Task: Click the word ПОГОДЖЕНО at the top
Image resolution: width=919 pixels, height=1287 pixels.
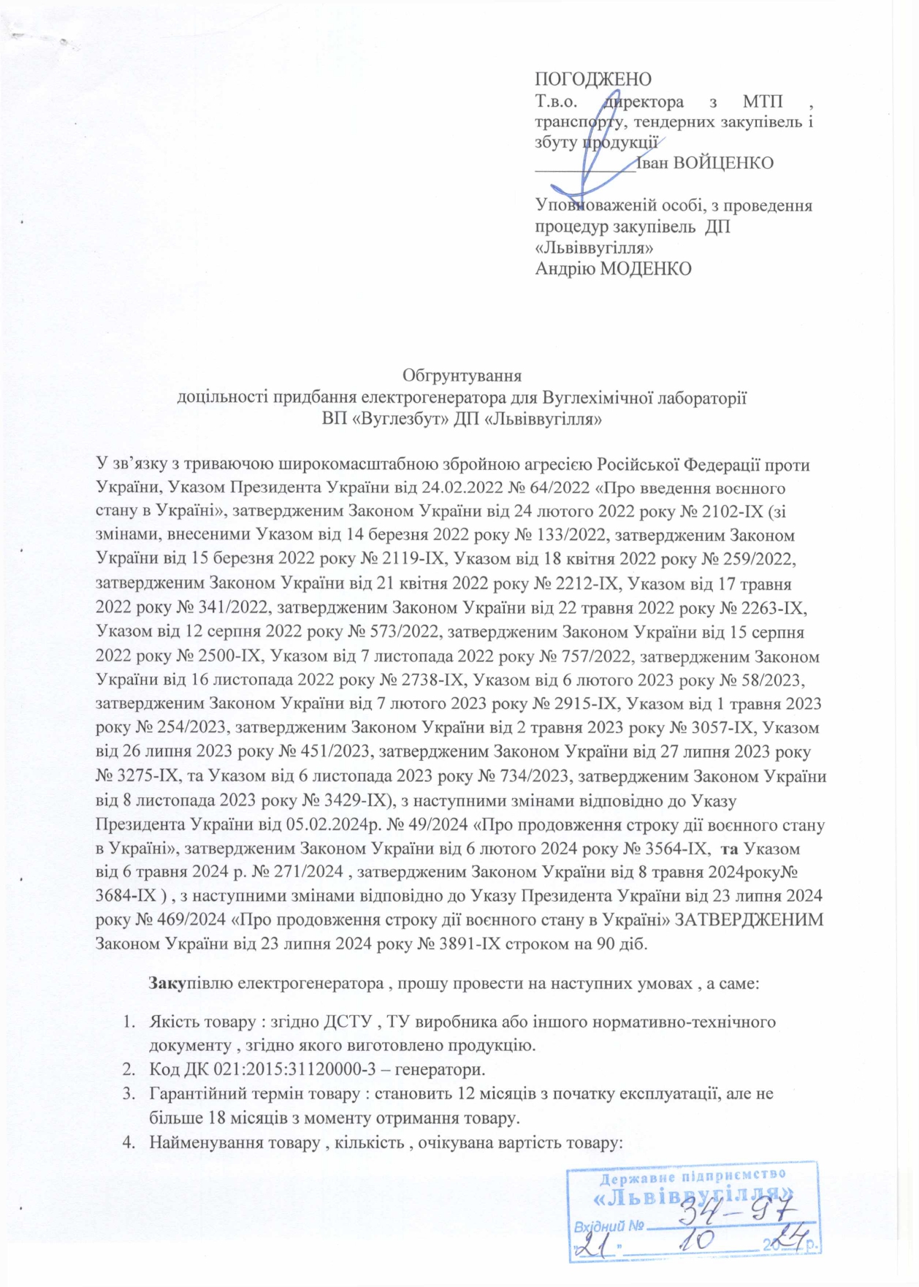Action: coord(592,79)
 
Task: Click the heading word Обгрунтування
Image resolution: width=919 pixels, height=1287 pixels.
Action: coord(462,376)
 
